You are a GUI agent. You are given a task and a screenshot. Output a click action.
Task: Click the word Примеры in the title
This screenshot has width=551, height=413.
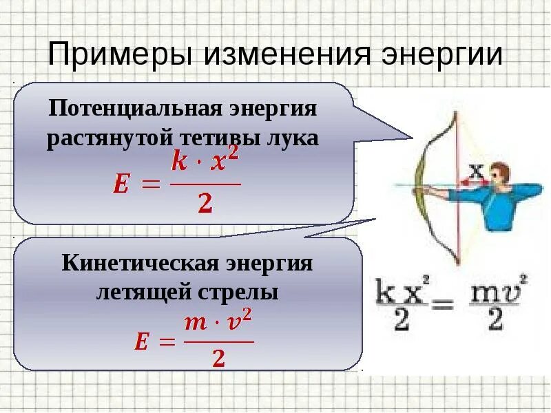click(118, 54)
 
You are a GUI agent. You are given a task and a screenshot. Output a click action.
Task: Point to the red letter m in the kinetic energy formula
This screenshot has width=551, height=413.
click(196, 323)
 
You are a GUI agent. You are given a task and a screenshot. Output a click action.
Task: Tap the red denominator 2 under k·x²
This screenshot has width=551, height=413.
click(205, 204)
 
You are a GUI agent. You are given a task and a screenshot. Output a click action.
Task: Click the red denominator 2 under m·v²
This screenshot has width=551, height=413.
click(220, 358)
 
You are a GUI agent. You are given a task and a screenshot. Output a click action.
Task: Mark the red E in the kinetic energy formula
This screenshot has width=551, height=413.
click(141, 342)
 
